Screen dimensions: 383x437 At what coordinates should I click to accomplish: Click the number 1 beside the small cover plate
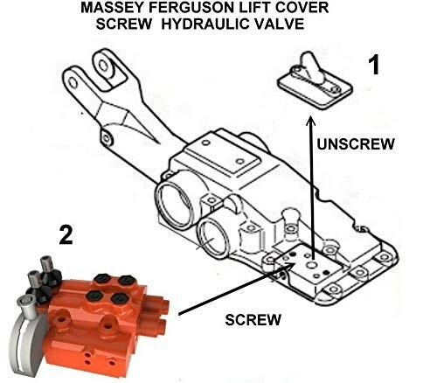click(373, 66)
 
